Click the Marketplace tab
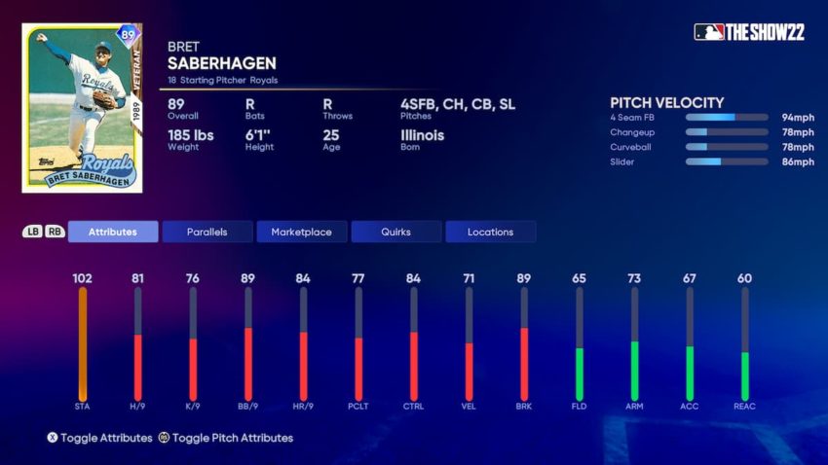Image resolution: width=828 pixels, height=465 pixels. click(301, 232)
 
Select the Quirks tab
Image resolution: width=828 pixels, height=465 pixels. click(395, 232)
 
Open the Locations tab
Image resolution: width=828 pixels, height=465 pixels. click(490, 232)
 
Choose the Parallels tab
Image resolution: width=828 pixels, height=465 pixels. click(207, 232)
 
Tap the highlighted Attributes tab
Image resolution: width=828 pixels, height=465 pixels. click(113, 232)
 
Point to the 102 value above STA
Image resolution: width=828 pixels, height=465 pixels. click(83, 278)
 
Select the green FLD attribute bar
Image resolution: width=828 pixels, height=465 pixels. click(580, 374)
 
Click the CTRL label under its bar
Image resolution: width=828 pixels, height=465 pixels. click(413, 406)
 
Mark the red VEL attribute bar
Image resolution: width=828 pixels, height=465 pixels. click(470, 371)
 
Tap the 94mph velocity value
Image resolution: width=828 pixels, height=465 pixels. click(797, 117)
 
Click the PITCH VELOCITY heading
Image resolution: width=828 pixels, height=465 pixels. click(666, 102)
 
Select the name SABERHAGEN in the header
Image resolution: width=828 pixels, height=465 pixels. click(222, 63)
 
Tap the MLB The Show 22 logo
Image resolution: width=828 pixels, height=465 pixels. click(749, 31)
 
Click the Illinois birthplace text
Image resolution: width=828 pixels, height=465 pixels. click(422, 135)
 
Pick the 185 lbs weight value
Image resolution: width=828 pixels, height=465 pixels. click(190, 135)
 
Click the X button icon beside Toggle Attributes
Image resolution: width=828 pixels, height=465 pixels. click(53, 438)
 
